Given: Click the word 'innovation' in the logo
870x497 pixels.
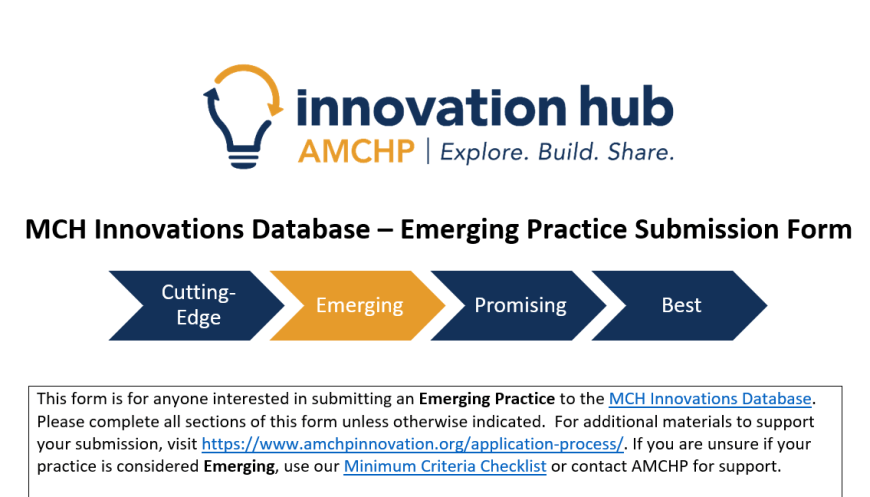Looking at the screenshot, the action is [432, 107].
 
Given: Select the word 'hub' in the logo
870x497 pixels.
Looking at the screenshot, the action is [626, 106].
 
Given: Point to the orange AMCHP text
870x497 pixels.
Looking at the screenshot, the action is [356, 151].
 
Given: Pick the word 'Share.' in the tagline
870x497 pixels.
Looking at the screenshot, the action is [641, 151].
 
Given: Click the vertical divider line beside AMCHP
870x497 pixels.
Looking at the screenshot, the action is [428, 151].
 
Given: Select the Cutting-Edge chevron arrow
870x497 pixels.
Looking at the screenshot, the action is [198, 305].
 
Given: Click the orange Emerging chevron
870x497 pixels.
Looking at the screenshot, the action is [358, 305].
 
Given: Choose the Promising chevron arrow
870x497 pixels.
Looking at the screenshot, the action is [519, 305].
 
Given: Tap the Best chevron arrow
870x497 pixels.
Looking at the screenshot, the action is [680, 305].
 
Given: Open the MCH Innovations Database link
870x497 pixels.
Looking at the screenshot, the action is [710, 399].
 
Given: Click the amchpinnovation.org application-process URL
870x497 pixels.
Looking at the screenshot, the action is [412, 444].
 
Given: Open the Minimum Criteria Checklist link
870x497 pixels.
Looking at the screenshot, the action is [445, 466].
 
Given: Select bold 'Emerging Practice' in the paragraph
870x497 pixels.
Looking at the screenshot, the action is [487, 399].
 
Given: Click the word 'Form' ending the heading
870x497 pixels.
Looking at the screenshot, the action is [819, 229].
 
